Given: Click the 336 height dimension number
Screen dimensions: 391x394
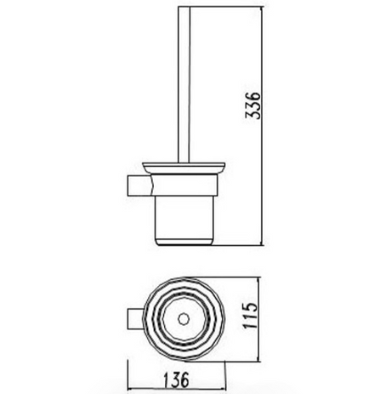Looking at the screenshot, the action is (252, 105).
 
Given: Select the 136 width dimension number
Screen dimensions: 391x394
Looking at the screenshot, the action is (176, 380).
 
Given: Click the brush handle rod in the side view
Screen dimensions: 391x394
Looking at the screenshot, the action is (184, 84).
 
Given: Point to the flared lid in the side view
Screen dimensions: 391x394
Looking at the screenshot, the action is (184, 168).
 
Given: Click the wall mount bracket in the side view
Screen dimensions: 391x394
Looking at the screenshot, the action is (139, 186).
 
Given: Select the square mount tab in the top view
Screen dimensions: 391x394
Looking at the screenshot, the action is (135, 318).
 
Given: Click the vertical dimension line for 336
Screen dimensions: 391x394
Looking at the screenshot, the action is (261, 126).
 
